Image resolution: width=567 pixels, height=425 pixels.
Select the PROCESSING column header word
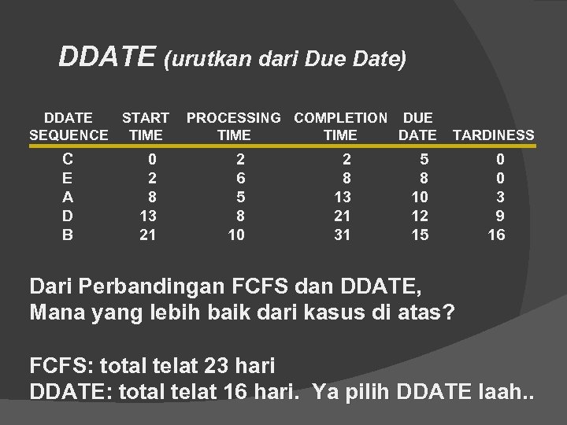[233, 118]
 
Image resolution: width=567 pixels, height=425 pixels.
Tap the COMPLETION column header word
[340, 118]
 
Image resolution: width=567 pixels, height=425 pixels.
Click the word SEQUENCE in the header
[69, 135]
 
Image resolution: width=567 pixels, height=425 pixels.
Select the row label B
[68, 235]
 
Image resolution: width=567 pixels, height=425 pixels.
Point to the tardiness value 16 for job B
[496, 235]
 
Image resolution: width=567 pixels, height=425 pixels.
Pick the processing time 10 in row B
[237, 235]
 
